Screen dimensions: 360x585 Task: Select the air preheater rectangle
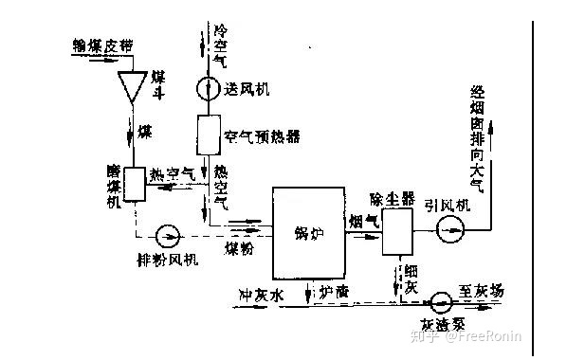click(x=208, y=135)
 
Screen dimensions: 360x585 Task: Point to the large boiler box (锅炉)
click(x=308, y=232)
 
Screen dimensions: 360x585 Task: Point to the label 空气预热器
click(x=263, y=136)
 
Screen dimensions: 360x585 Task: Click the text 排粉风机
click(x=167, y=259)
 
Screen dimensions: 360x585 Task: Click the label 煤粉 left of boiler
click(x=239, y=248)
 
